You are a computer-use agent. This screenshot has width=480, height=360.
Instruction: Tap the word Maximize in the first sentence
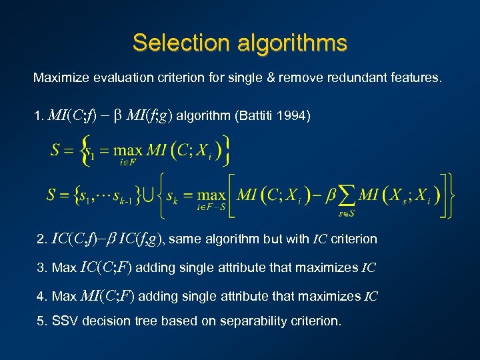coord(60,78)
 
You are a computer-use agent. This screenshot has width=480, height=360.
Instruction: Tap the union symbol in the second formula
coord(151,195)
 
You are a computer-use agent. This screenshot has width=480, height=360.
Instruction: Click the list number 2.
coord(42,239)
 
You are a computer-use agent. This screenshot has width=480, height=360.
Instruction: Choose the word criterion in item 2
coord(355,239)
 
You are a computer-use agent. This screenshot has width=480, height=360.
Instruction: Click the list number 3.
coord(42,268)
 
